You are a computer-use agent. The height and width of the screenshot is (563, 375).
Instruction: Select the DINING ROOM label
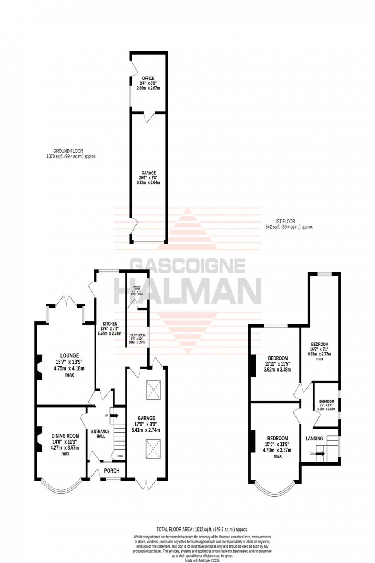point(65,435)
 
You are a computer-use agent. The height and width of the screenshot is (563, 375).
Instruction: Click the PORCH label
point(112,471)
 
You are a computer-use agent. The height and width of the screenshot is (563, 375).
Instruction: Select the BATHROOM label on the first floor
point(326,401)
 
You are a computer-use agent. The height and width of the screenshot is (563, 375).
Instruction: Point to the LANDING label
point(314,438)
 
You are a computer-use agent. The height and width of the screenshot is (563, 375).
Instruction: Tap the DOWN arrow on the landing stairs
point(320,454)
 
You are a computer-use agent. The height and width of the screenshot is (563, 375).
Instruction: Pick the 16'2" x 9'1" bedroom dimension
point(319,349)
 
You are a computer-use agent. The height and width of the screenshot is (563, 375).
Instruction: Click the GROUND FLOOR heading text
point(68,151)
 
